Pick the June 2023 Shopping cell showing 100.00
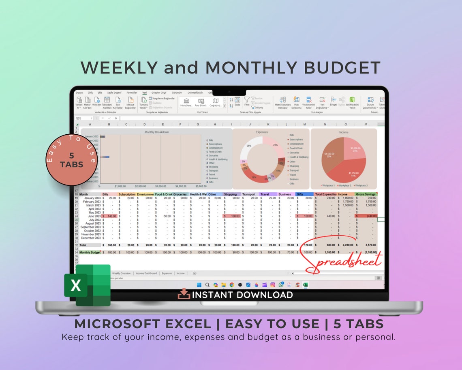point(232,216)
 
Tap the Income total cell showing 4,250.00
point(346,245)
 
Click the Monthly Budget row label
point(90,252)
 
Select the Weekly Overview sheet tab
point(121,273)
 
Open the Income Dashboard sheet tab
point(146,273)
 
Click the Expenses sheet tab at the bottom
point(167,273)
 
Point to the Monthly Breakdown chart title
point(156,132)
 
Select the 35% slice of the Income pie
point(329,155)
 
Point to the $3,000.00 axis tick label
point(160,186)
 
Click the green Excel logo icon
point(87,285)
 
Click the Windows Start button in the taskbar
point(199,285)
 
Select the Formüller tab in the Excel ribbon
point(132,92)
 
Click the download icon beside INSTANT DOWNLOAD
point(184,294)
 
